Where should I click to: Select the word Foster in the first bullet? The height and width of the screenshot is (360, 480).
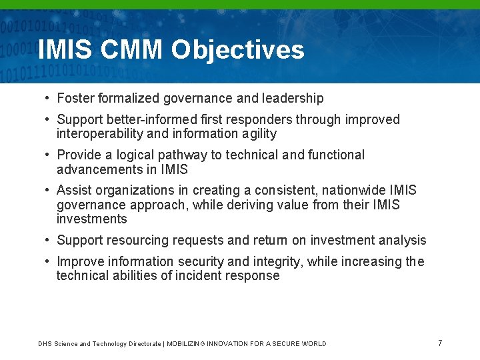click(x=75, y=99)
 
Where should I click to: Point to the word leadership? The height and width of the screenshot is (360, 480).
click(x=293, y=99)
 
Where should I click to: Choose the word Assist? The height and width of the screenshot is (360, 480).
click(x=74, y=191)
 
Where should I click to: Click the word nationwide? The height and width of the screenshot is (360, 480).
click(x=353, y=191)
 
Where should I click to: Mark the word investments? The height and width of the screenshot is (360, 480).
click(x=91, y=219)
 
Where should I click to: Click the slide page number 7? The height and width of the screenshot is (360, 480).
click(x=440, y=343)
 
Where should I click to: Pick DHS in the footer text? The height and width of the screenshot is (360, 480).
click(x=45, y=344)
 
